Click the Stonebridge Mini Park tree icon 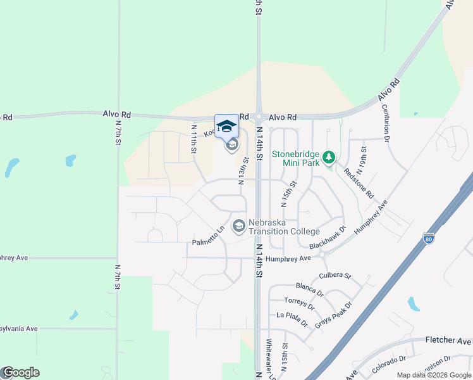click(x=328, y=156)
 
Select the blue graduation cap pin click(x=227, y=125)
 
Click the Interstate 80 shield click(x=429, y=239)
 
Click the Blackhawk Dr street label click(x=328, y=237)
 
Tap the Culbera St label click(x=336, y=275)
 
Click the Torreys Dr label click(x=299, y=302)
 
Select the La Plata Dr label click(x=292, y=319)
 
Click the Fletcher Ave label click(x=448, y=340)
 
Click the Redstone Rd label click(x=358, y=182)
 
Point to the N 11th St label click(x=194, y=138)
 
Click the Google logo click(x=20, y=372)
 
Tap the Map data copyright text click(x=433, y=375)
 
